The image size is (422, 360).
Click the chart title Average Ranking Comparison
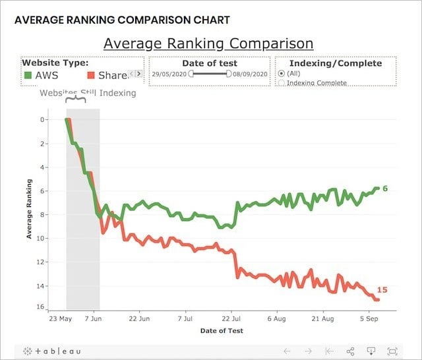[x=208, y=44]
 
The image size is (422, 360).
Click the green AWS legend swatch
[x=27, y=75]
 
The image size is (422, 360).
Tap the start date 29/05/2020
[x=169, y=74]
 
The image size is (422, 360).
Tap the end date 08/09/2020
[x=250, y=74]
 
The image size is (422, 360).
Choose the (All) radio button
[x=282, y=74]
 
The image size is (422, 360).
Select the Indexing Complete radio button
[x=282, y=83]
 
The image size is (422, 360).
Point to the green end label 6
[x=385, y=189]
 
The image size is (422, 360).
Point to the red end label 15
[x=382, y=290]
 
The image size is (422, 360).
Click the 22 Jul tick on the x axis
[x=231, y=318]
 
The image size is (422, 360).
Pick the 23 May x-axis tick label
[x=61, y=318]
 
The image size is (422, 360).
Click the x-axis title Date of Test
[x=221, y=330]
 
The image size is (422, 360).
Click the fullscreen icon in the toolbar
[x=393, y=351]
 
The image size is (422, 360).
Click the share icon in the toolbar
[x=351, y=351]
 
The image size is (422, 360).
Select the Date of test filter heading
[x=209, y=63]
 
